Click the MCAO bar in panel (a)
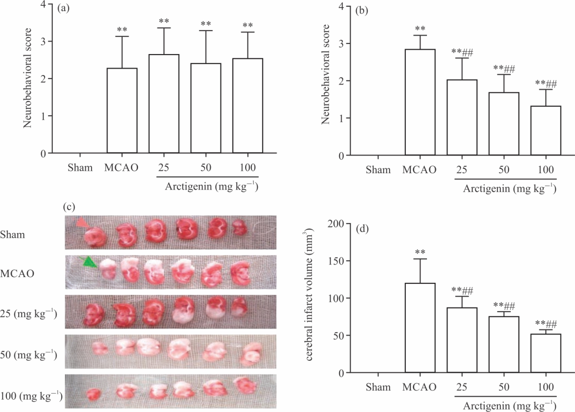coord(122,111)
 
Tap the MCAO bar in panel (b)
coord(420,102)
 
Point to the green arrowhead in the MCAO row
coord(90,262)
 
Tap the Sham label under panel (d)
coord(378,387)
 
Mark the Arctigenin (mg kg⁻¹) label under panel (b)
coord(509,189)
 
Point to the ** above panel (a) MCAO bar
coord(122,29)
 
